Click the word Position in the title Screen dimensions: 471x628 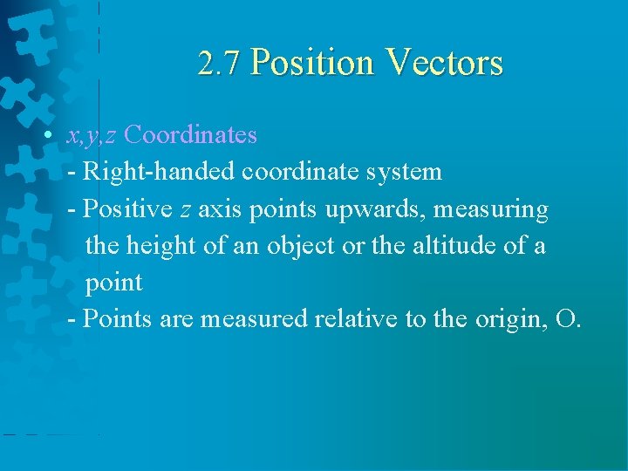[x=311, y=64]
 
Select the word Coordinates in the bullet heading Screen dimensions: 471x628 [x=190, y=135]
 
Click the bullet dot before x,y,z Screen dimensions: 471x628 [x=51, y=135]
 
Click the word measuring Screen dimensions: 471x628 [x=496, y=210]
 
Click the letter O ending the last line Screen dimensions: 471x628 [x=565, y=320]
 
